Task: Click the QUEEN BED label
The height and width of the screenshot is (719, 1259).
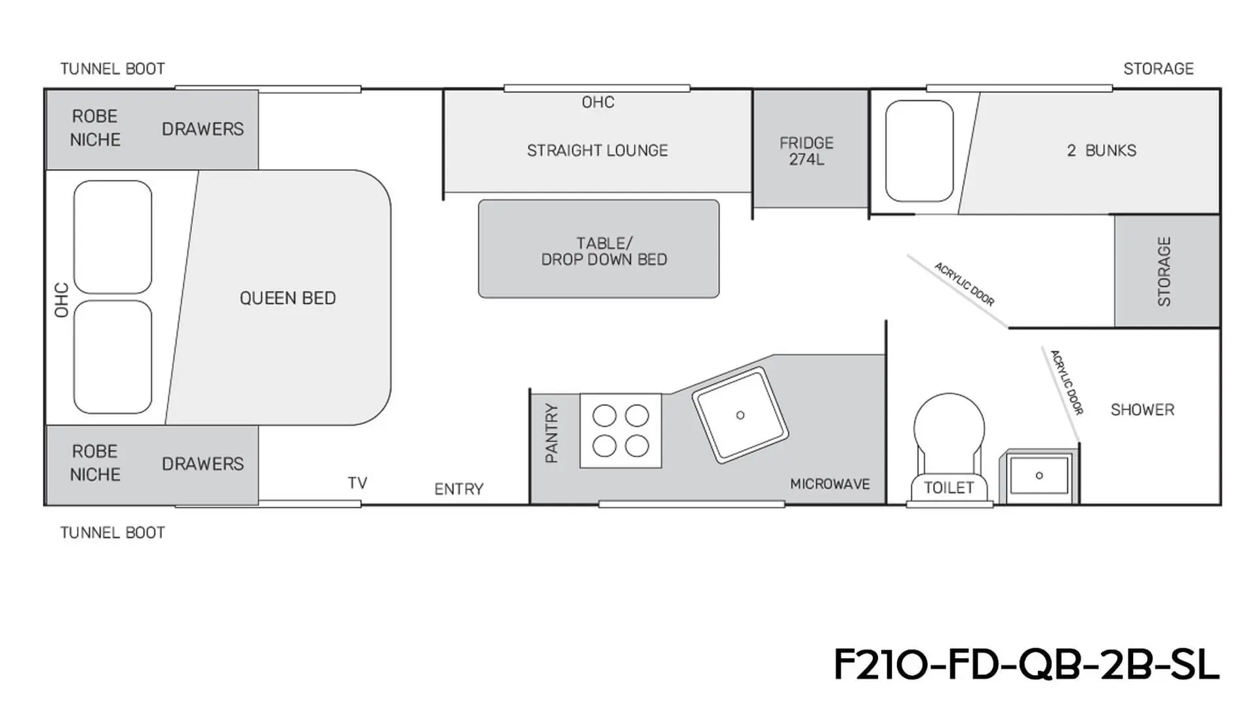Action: (287, 298)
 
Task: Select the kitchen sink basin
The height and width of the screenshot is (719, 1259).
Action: (740, 415)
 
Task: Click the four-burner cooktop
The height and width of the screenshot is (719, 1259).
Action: (620, 431)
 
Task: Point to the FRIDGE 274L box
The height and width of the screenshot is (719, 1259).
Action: (810, 149)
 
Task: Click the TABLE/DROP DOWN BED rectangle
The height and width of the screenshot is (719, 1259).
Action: (599, 249)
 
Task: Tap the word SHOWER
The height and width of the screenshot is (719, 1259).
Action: (1142, 410)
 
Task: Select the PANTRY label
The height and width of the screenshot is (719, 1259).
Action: (551, 433)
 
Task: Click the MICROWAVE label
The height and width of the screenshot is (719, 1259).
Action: (829, 484)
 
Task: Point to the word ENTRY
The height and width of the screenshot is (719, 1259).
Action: (459, 489)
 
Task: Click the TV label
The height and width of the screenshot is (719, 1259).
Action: (357, 483)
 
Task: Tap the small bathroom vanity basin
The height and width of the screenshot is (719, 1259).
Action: (1039, 475)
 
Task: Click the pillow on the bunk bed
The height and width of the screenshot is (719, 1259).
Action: (919, 151)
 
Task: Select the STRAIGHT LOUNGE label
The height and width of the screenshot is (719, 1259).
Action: (597, 150)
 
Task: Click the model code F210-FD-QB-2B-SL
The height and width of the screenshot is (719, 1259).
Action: (1026, 665)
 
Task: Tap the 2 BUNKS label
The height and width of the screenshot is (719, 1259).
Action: (1102, 150)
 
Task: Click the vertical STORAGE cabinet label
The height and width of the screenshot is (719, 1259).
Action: (1164, 271)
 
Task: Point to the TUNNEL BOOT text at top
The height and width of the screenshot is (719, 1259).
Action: (113, 69)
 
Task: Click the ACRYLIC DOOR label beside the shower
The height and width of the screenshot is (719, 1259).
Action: (1066, 382)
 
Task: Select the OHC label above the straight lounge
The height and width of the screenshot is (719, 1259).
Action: (598, 102)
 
